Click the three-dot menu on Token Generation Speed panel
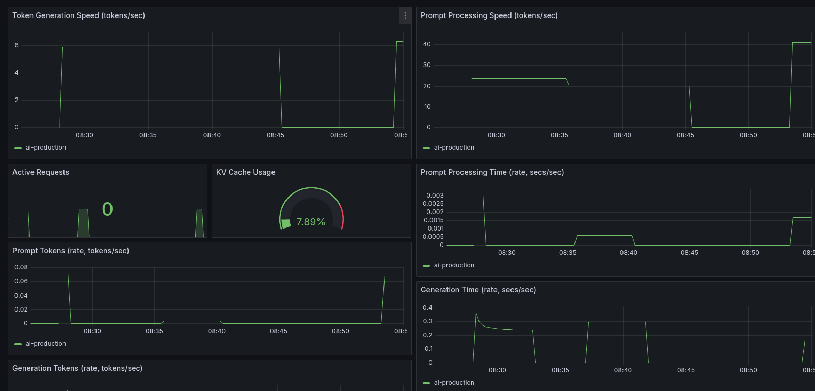click(x=405, y=16)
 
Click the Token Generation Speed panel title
click(x=78, y=15)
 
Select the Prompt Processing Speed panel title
click(x=489, y=15)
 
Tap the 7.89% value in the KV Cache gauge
click(x=310, y=222)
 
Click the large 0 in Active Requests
click(x=107, y=209)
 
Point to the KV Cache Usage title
click(x=246, y=172)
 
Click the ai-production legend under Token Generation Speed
click(x=45, y=148)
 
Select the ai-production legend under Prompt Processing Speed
click(x=454, y=148)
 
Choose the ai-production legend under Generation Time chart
click(x=454, y=383)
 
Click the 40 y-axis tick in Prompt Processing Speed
click(x=427, y=44)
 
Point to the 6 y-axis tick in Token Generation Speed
click(x=17, y=45)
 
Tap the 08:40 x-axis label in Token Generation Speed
click(x=212, y=135)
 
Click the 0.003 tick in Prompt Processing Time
click(x=435, y=195)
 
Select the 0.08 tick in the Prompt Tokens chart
click(x=21, y=267)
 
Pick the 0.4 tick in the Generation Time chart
click(x=427, y=308)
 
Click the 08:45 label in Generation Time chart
click(x=685, y=370)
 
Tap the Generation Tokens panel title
click(x=77, y=368)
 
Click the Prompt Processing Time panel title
click(x=492, y=172)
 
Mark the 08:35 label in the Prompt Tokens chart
click(x=154, y=331)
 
